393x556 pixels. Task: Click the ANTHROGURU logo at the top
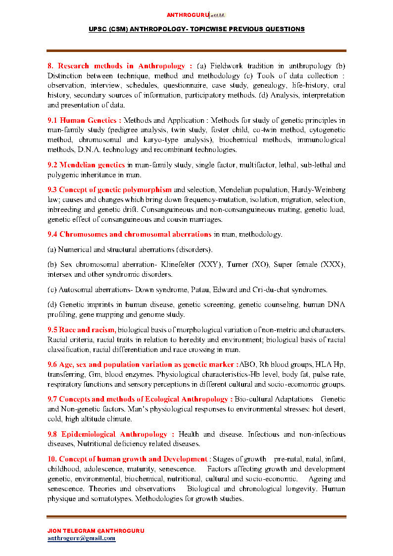pyautogui.click(x=196, y=15)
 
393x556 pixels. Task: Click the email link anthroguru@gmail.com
pyautogui.click(x=81, y=538)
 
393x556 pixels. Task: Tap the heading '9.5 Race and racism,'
pyautogui.click(x=82, y=330)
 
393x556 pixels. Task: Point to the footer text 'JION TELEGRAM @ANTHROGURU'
pyautogui.click(x=96, y=530)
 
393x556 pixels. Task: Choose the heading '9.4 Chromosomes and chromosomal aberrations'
pyautogui.click(x=129, y=234)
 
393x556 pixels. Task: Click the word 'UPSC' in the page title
pyautogui.click(x=98, y=29)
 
